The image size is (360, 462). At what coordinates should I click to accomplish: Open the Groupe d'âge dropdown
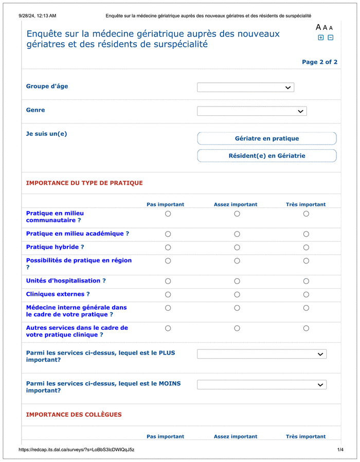click(x=245, y=87)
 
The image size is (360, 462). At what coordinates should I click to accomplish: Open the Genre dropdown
click(x=251, y=111)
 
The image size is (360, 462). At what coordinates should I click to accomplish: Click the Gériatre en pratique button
click(x=266, y=138)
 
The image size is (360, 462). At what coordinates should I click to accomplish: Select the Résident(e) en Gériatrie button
click(x=266, y=156)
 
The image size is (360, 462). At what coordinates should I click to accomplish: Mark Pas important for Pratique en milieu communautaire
click(x=168, y=214)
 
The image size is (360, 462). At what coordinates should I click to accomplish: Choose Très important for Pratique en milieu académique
click(x=306, y=234)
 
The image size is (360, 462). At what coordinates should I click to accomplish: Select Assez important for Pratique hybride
click(x=237, y=247)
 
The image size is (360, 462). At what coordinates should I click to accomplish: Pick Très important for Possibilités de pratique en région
click(x=306, y=261)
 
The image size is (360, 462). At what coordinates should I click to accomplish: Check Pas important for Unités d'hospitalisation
click(x=168, y=281)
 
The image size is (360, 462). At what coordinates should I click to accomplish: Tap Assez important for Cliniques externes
click(x=237, y=295)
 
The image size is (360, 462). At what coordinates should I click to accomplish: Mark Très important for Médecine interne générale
click(x=306, y=308)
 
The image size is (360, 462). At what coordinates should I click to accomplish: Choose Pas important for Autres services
click(x=168, y=328)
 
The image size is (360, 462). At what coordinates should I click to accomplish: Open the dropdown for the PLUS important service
click(x=261, y=354)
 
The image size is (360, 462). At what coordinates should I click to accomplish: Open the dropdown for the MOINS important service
click(x=261, y=384)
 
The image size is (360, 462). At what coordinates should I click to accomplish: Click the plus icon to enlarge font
click(x=321, y=38)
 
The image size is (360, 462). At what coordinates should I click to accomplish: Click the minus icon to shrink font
click(x=330, y=38)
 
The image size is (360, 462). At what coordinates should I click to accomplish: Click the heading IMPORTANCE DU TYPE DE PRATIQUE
click(x=84, y=183)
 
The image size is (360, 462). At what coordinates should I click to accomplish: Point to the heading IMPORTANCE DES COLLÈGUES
click(x=74, y=415)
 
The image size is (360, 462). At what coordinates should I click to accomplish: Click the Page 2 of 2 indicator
click(x=319, y=62)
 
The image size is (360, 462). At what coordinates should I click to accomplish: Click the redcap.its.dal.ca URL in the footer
click(x=76, y=450)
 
